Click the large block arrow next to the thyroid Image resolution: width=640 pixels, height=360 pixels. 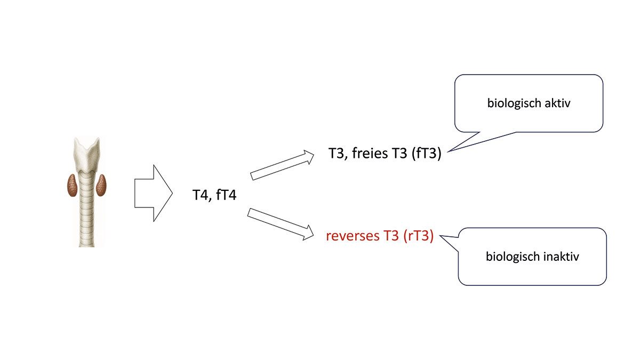[x=152, y=193]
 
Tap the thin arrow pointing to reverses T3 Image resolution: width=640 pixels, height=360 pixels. [x=282, y=223]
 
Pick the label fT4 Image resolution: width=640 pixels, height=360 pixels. [x=226, y=195]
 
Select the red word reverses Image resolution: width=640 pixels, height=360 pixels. [x=351, y=236]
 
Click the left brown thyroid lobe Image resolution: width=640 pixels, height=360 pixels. [x=71, y=185]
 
